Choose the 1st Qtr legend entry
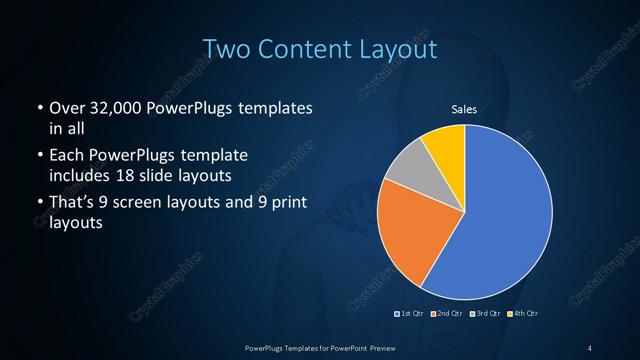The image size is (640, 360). (x=409, y=314)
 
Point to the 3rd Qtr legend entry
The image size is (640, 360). (x=484, y=314)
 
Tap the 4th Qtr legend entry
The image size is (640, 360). (x=521, y=314)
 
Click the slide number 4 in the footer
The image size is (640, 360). (x=590, y=347)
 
